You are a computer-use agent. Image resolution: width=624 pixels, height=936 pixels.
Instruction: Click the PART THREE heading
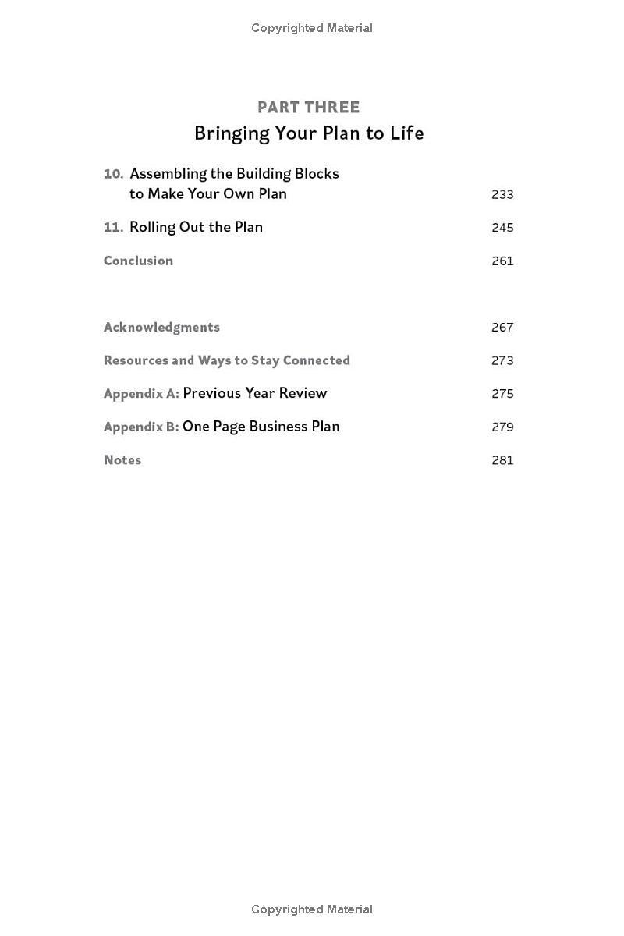click(x=309, y=108)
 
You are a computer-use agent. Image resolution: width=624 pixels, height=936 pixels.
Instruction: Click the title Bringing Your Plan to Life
click(x=309, y=133)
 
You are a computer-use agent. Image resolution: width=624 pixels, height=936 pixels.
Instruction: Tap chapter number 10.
click(x=114, y=174)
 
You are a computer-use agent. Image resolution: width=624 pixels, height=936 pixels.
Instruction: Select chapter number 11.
click(x=114, y=227)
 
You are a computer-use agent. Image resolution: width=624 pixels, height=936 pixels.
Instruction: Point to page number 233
click(x=502, y=194)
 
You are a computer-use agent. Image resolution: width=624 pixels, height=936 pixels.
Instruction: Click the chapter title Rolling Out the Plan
click(x=196, y=227)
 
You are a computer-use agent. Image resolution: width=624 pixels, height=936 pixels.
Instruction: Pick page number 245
click(x=502, y=228)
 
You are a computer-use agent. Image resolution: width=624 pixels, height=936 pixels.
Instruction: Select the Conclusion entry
click(x=138, y=261)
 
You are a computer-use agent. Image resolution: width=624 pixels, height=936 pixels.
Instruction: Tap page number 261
click(x=502, y=261)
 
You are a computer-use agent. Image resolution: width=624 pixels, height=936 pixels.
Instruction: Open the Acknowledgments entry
click(x=161, y=327)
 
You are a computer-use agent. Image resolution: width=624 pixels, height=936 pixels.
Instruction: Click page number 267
click(x=502, y=328)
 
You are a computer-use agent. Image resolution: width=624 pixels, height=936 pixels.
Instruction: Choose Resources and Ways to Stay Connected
click(x=226, y=360)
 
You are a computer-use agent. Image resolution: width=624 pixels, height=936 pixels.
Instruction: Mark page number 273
click(x=502, y=360)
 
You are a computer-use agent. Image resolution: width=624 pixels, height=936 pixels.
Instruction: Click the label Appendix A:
click(x=141, y=394)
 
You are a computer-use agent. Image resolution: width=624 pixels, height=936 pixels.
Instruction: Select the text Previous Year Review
click(x=255, y=393)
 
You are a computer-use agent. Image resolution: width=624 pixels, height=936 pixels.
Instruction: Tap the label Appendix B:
click(x=141, y=427)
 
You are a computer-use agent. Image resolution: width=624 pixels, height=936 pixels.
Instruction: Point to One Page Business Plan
click(x=261, y=427)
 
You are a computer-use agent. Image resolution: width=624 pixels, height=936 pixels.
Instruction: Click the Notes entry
click(x=122, y=460)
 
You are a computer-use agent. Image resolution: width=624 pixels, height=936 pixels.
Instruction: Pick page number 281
click(x=502, y=460)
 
